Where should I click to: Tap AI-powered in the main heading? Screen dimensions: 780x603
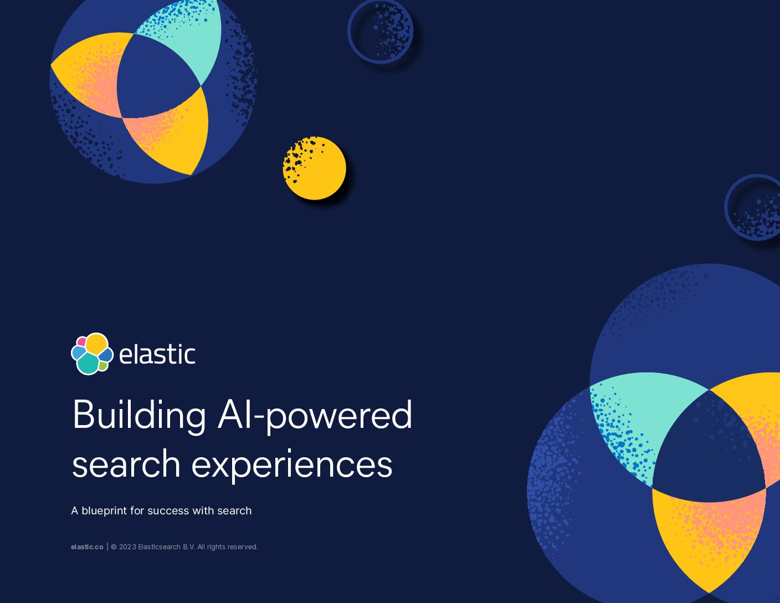click(315, 415)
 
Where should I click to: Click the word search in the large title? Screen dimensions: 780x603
click(126, 464)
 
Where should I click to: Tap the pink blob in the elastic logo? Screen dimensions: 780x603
click(81, 341)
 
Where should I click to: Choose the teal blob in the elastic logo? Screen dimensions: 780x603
click(88, 363)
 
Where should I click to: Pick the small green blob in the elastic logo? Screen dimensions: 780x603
click(103, 366)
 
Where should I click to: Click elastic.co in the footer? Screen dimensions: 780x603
click(87, 547)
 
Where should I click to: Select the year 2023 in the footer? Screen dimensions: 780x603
click(127, 547)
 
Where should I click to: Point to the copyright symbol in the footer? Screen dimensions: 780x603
click(114, 547)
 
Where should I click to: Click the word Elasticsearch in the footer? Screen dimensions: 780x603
click(160, 547)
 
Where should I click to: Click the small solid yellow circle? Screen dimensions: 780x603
click(315, 168)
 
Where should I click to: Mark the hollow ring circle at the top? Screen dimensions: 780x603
click(381, 62)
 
